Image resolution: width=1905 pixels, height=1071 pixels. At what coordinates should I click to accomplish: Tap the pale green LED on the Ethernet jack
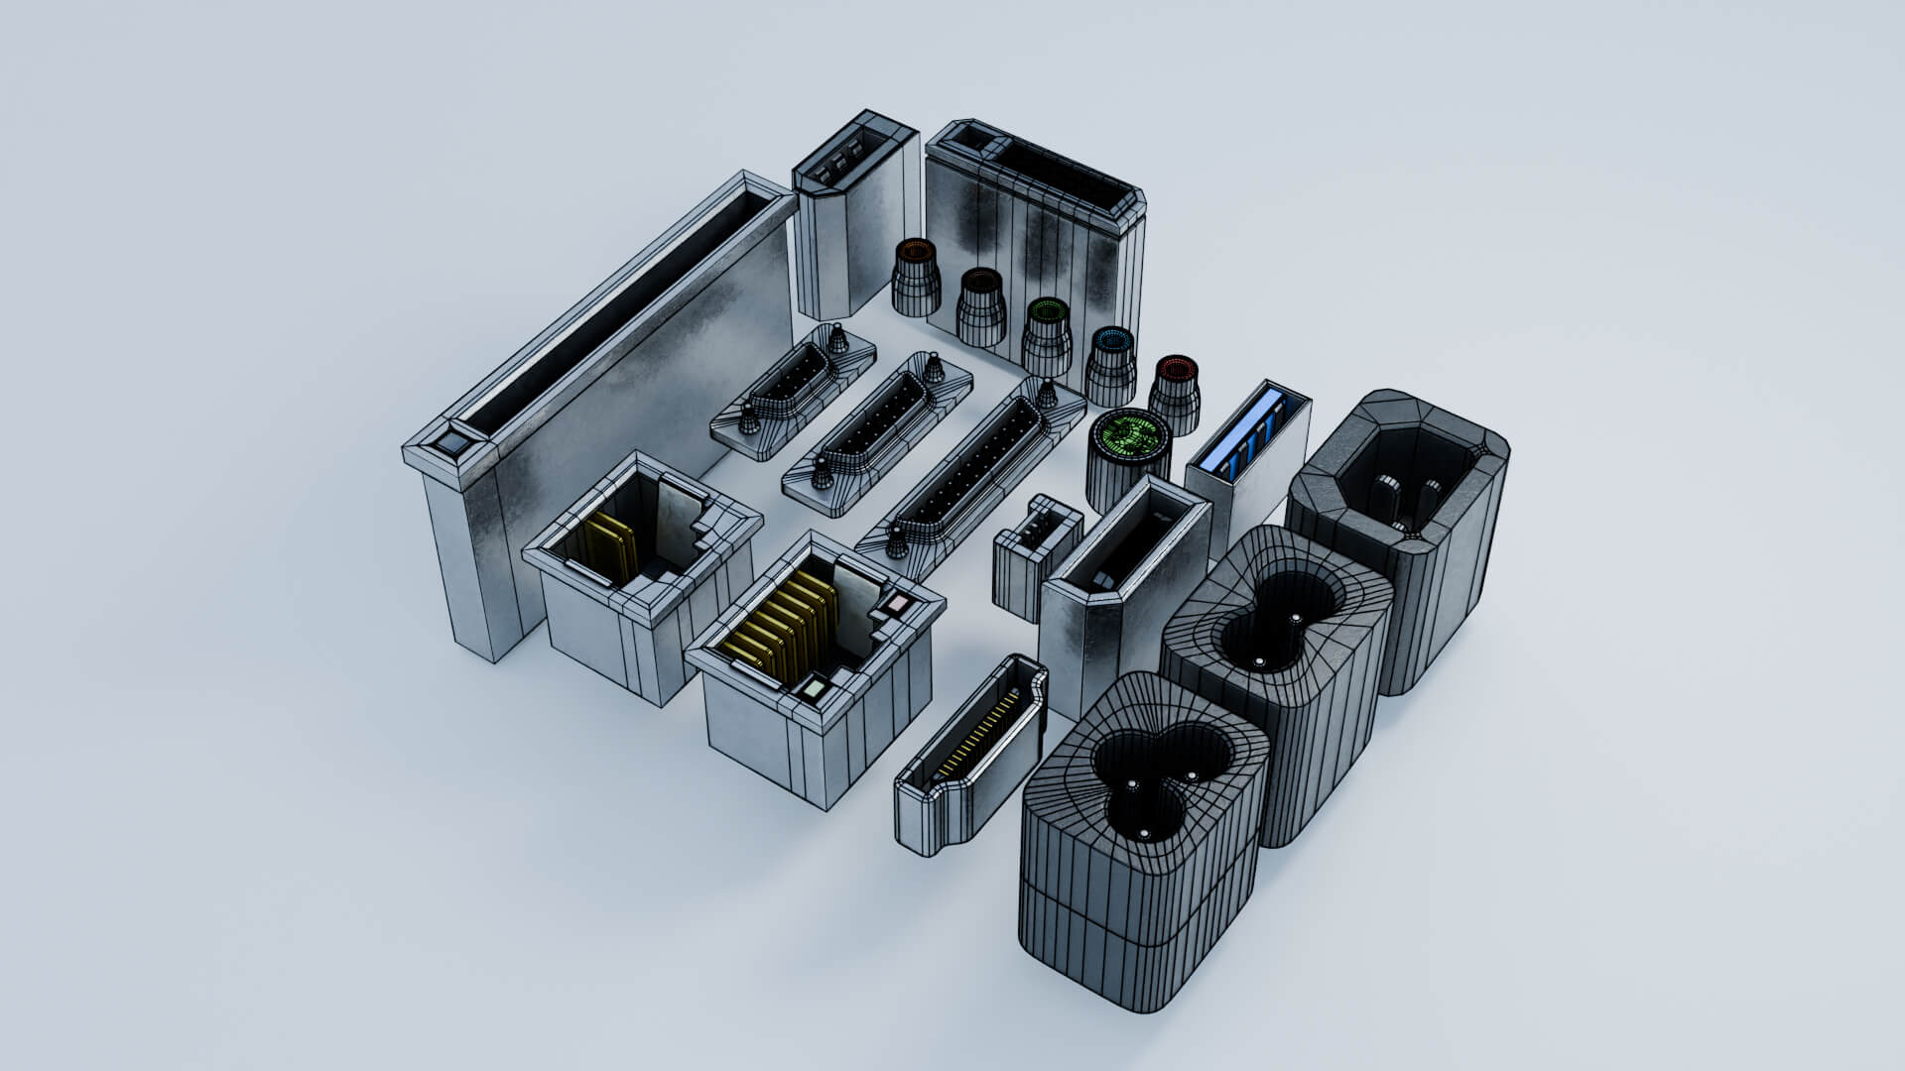(814, 687)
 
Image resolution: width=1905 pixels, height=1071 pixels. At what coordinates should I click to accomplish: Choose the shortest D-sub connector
(794, 392)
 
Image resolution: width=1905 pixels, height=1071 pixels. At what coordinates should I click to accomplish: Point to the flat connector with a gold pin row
(972, 754)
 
